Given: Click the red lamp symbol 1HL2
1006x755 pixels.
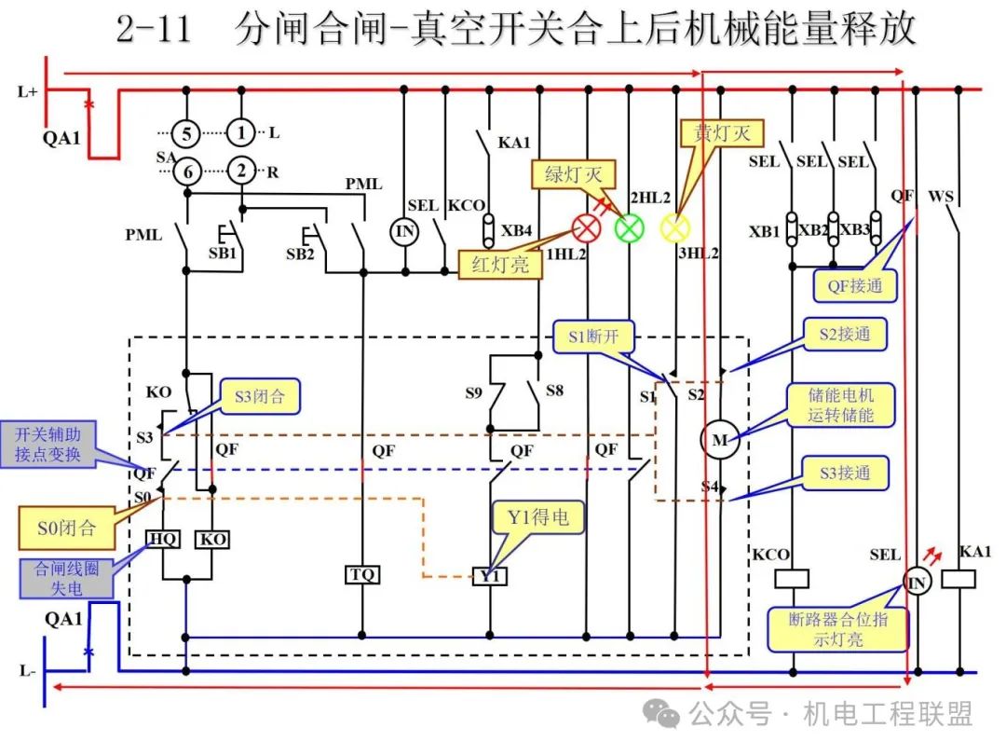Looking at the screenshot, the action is coord(587,228).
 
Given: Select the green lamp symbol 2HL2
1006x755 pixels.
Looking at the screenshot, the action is coord(630,228).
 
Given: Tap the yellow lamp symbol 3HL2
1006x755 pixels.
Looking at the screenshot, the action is coord(675,228).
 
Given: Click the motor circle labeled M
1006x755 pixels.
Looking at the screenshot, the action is coord(720,440).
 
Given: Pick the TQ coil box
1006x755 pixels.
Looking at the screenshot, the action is coord(362,574).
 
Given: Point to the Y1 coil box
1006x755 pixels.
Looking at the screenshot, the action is coord(490,576).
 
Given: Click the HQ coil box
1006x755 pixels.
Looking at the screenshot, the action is coord(163,540).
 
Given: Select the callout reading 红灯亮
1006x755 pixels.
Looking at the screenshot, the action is coord(500,264).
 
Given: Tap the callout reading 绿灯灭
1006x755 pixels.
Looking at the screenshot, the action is coord(574,174).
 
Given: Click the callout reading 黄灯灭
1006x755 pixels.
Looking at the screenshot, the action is coord(722,133).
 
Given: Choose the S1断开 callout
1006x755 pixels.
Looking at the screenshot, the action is coord(593,336).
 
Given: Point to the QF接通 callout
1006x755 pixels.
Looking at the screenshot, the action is coord(854,286).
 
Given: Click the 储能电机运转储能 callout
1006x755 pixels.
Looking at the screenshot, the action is coord(840,405).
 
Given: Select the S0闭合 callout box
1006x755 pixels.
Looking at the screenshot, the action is coord(67,528).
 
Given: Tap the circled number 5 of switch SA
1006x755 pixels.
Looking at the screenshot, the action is coord(186,133).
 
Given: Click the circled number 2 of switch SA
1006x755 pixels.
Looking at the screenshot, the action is coord(241,171).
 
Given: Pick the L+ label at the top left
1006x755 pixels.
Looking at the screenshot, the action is coord(28,91).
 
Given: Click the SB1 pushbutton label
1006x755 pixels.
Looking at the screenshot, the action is coord(223,254).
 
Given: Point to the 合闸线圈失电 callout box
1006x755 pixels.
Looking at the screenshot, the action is coord(67,579).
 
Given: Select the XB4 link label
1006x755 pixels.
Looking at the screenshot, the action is coord(516,230).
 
